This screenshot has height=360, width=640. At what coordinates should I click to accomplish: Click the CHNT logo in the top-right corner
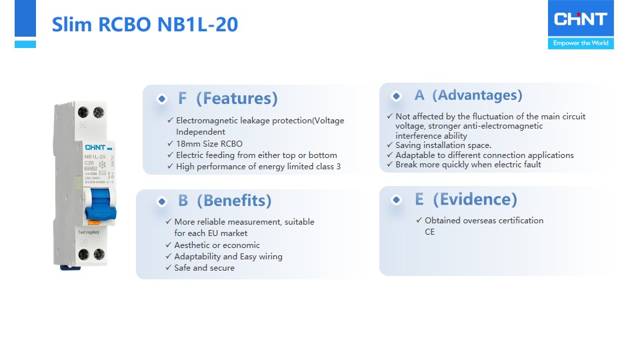coord(580,19)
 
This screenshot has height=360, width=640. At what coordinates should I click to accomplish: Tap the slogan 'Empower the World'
coord(580,43)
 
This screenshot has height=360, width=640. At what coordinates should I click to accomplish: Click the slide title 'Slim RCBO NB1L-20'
coord(145,25)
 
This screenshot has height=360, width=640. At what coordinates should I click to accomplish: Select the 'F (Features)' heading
coord(227,99)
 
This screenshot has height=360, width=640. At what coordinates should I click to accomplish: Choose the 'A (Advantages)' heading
coord(468,95)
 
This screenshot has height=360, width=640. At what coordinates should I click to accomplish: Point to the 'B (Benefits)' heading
coord(224,201)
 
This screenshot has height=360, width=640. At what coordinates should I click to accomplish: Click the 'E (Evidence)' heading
coord(465,199)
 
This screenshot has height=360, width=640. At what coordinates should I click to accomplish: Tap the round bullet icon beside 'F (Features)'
coord(161,99)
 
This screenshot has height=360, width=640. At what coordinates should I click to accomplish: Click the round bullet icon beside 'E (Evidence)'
coord(397,200)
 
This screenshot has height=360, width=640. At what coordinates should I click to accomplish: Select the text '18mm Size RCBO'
coord(209,143)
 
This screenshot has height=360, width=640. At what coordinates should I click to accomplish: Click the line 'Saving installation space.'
coord(443,145)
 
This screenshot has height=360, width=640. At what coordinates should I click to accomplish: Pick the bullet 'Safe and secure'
coord(204,268)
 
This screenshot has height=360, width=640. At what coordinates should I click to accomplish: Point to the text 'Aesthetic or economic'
coord(217,245)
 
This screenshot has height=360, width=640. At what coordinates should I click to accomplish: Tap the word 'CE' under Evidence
coord(429,232)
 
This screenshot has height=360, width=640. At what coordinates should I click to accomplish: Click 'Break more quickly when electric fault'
coord(467,165)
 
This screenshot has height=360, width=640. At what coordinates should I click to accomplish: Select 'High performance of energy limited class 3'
coord(258,167)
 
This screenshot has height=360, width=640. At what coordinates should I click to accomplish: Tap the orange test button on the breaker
coord(95,221)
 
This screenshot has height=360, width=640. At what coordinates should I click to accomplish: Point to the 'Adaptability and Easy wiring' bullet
coord(228,257)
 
